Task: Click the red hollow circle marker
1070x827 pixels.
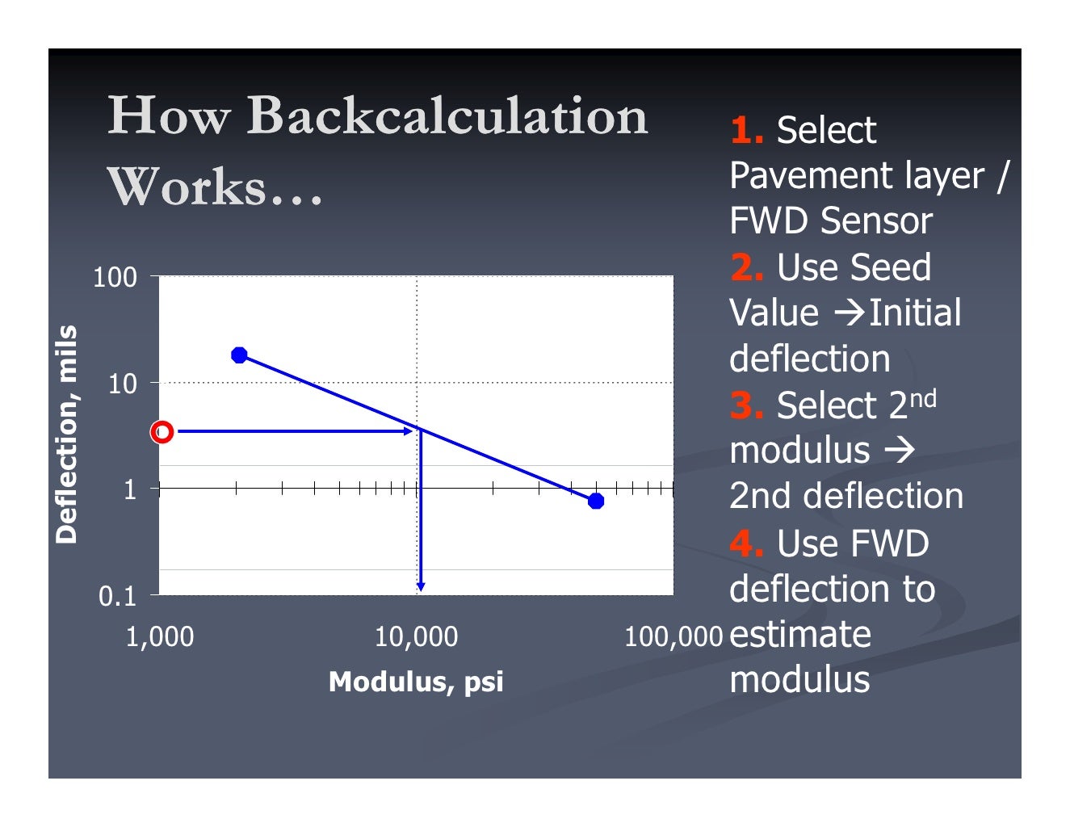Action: [x=162, y=432]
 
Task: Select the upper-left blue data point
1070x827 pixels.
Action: [x=239, y=355]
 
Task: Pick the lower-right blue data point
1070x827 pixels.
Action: [x=596, y=502]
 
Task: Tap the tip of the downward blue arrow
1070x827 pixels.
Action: [x=421, y=589]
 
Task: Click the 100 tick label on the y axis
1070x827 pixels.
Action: [x=115, y=278]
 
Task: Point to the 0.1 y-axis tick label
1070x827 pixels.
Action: [x=118, y=597]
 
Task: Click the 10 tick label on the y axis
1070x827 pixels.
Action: [x=123, y=384]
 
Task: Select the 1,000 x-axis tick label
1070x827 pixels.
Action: [x=160, y=637]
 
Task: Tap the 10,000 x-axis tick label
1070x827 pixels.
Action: [x=416, y=637]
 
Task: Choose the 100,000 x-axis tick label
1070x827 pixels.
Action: [x=673, y=637]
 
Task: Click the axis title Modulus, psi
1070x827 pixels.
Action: [x=416, y=682]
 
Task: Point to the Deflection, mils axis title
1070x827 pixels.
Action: [x=66, y=434]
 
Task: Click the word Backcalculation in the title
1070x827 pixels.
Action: [x=447, y=115]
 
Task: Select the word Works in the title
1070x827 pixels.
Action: [x=187, y=187]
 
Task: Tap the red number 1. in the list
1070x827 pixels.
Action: [x=747, y=130]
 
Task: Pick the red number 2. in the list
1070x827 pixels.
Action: [x=747, y=267]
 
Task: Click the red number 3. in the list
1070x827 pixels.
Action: [x=747, y=405]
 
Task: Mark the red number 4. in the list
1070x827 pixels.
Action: [x=747, y=544]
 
